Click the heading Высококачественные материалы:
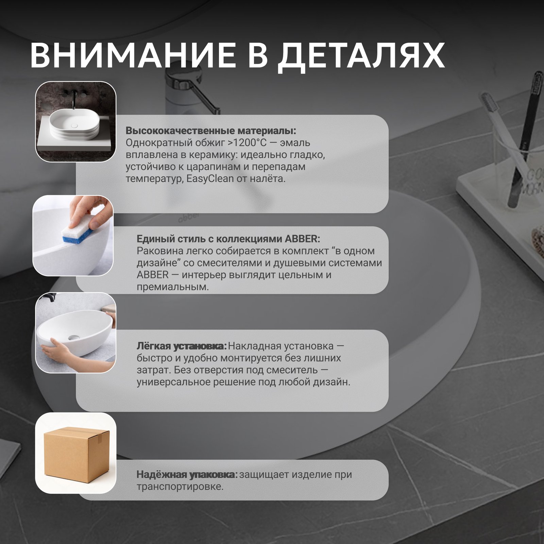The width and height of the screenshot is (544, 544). pyautogui.click(x=211, y=131)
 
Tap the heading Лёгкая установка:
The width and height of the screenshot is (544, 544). pyautogui.click(x=181, y=346)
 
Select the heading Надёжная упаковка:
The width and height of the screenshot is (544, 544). pyautogui.click(x=187, y=474)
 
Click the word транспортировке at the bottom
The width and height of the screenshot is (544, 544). pyautogui.click(x=180, y=487)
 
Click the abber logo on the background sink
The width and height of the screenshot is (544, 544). pyautogui.click(x=189, y=217)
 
